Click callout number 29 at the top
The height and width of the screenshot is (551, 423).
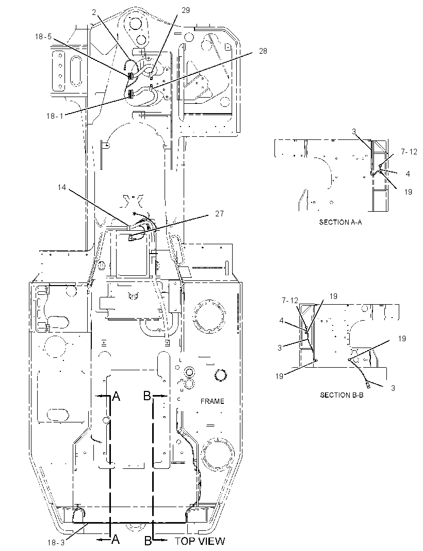[x=185, y=10]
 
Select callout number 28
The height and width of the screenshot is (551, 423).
[x=263, y=51]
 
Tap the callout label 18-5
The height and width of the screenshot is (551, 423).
[x=43, y=37]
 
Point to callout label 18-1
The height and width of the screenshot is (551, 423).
[x=55, y=116]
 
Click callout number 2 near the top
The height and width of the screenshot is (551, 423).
[x=94, y=12]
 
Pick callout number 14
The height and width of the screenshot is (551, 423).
[x=62, y=187]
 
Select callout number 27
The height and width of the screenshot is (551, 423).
[x=219, y=214]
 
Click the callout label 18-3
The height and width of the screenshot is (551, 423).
[x=56, y=543]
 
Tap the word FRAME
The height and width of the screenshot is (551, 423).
[x=212, y=401]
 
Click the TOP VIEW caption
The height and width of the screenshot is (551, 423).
[x=200, y=541]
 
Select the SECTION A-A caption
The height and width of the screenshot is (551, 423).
[x=340, y=222]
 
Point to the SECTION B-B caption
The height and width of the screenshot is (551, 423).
[x=341, y=395]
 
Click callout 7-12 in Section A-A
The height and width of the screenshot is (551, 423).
[x=409, y=152]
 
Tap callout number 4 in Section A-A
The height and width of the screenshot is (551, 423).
[x=408, y=174]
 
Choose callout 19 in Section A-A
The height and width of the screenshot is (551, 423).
[x=408, y=192]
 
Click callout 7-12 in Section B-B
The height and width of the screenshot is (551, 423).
[x=290, y=301]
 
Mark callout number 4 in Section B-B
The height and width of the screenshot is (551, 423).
[x=282, y=321]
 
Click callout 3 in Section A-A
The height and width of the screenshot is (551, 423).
[x=354, y=132]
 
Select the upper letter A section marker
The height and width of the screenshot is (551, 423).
[x=116, y=397]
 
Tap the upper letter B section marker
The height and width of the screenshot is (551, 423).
[x=147, y=396]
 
